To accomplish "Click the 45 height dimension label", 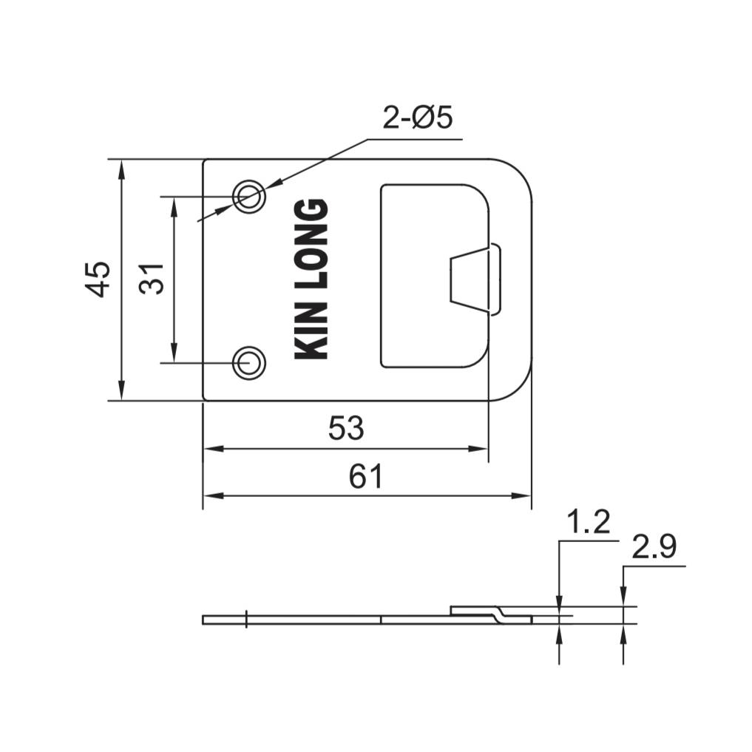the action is (98, 279).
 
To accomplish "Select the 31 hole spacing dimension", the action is (152, 279).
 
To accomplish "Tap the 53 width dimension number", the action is (346, 428).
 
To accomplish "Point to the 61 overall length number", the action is (366, 476).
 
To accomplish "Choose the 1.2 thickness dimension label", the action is (589, 522).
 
